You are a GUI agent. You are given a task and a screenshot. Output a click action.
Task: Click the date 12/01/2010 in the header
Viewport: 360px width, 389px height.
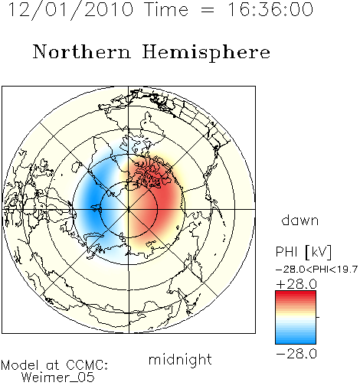point(70,10)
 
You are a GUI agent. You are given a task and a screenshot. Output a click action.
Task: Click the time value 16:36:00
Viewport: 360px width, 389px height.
point(270,10)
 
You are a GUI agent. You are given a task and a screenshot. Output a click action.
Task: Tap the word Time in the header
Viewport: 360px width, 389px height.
point(166,10)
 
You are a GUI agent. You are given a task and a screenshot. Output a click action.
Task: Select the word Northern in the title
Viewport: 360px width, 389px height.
point(82,52)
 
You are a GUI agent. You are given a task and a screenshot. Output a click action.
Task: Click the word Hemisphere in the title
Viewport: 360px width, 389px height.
point(206,53)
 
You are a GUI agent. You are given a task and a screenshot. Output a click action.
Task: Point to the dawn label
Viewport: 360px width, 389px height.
point(300,220)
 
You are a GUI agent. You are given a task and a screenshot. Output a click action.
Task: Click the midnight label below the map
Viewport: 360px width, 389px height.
point(180,359)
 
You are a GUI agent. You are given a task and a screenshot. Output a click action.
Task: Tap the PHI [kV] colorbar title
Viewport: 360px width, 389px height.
point(303,252)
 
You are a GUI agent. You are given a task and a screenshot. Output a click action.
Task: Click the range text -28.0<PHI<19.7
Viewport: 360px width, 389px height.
point(316,270)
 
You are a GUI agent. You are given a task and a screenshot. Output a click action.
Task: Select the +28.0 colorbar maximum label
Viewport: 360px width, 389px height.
point(296,284)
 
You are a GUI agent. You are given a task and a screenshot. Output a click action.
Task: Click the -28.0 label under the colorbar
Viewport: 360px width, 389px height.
point(296,354)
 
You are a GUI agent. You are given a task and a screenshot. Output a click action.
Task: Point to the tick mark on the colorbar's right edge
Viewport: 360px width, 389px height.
point(318,317)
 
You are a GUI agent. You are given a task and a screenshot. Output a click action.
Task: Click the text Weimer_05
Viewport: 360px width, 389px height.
point(58,378)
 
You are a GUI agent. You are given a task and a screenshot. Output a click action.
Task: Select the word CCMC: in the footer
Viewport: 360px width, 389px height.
point(87,365)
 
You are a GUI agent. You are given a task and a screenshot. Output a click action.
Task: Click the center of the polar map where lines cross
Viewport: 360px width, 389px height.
point(129,209)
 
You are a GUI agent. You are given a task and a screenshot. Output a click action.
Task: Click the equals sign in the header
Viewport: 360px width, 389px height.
point(208,10)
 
